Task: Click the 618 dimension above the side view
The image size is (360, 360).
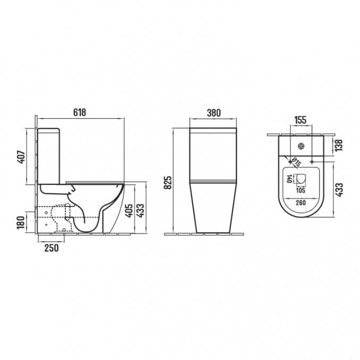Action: point(79,113)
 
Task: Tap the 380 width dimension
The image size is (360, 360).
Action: point(213,113)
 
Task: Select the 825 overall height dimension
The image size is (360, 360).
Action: point(169,182)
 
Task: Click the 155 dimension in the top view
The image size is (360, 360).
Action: point(300,121)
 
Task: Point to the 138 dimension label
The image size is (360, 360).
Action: point(339,144)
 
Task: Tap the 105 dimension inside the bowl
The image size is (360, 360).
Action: point(301,190)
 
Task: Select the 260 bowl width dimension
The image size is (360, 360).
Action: point(301,202)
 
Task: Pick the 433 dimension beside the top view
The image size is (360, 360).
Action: point(339,188)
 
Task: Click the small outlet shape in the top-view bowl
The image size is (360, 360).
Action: point(301,179)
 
